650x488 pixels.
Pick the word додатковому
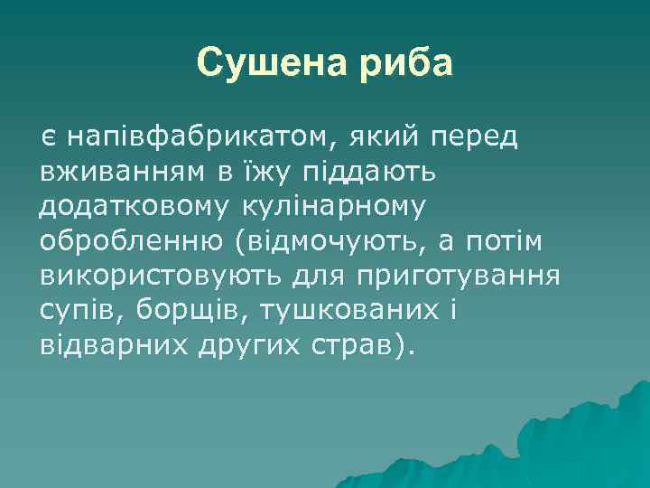pos(135,207)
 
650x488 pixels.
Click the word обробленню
pos(128,241)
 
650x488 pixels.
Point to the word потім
pos(521,241)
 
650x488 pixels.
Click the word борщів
pos(191,310)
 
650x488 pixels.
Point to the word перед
pos(486,138)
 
